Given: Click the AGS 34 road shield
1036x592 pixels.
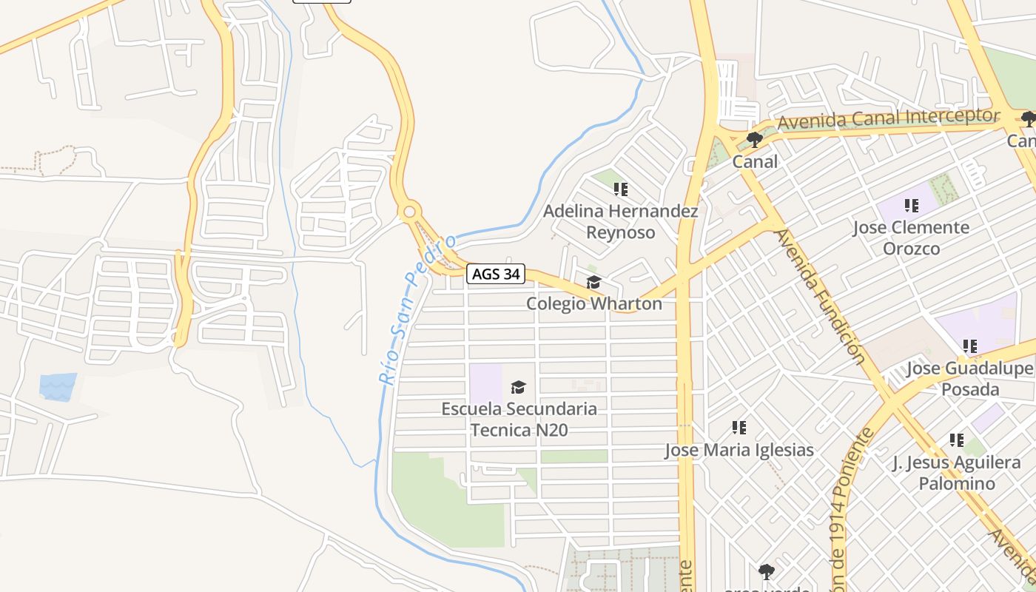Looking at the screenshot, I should pos(496,275).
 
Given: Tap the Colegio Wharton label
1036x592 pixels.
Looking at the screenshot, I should pos(593,303).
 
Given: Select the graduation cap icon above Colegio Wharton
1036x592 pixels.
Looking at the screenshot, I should pos(593,282).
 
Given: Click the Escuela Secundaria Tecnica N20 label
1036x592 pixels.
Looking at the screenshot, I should pos(519,419).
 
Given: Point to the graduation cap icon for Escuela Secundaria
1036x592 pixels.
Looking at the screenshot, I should pos(518,387).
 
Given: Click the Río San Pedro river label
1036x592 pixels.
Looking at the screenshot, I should pos(417,311).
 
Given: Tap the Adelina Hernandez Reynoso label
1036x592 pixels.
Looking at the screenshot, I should pos(621,222).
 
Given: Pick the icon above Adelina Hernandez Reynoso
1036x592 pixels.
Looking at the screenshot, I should pos(621,189).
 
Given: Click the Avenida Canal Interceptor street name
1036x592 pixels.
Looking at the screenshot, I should pos(888,118).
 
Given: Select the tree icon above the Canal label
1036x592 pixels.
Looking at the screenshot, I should pos(755,139).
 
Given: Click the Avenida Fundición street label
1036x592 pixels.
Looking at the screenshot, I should pos(820,296).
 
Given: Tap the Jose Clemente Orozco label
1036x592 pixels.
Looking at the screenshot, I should pos(911,238).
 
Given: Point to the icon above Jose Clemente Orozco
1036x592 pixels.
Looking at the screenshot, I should pos(911,205).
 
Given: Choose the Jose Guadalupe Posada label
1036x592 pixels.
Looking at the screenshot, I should pos(969,379).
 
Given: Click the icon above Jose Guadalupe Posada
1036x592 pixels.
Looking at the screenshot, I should pos(969,346).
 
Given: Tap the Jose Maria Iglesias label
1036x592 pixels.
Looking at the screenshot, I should pos(739,450).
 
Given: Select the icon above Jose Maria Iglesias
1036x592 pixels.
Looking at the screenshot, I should pos(739,427).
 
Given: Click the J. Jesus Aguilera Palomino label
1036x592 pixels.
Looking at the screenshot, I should pos(956,474).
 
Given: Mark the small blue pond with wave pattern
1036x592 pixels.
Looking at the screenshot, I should pos(58,386).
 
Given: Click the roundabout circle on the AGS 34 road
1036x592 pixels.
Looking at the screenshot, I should pos(409,213).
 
